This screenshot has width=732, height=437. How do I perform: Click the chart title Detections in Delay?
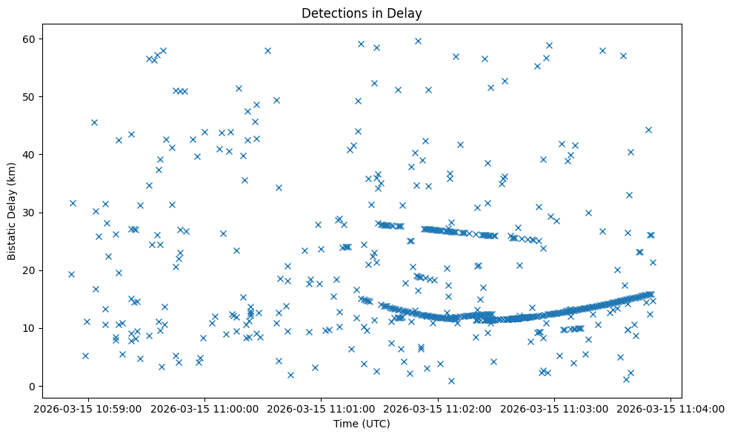(362, 13)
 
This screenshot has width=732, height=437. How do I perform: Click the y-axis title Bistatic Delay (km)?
(13, 211)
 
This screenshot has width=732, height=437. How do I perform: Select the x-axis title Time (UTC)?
(362, 424)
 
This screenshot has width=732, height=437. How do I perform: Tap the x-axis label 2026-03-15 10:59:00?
(88, 408)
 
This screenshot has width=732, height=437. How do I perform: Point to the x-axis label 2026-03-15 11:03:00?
(555, 408)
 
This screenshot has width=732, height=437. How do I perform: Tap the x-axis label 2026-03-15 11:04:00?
(671, 408)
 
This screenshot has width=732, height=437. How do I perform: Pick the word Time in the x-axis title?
(345, 424)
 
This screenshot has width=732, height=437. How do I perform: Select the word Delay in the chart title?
(406, 13)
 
